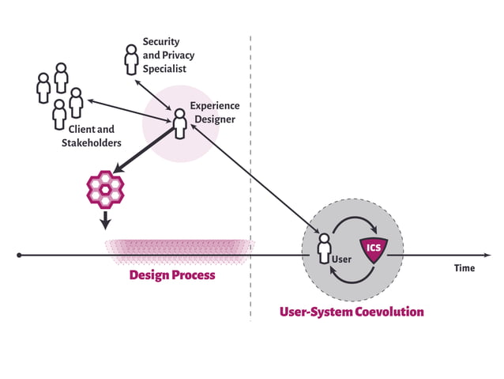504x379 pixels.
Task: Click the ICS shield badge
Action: pos(374,248)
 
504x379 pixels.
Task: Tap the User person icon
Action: pos(323,248)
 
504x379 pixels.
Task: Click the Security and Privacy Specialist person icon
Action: pos(130,59)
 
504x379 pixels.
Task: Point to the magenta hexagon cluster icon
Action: pos(105,189)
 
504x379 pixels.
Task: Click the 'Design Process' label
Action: pos(171,275)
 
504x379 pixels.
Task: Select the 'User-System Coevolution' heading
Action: pos(352,312)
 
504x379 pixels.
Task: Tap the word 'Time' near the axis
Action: pos(465,268)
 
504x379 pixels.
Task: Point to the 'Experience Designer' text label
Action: pos(213,112)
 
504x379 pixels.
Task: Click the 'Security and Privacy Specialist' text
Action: pos(167,55)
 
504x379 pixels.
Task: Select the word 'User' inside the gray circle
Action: pos(341,259)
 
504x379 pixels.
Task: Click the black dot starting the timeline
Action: pos(19,256)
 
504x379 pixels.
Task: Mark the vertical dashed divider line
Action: pos(251,158)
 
